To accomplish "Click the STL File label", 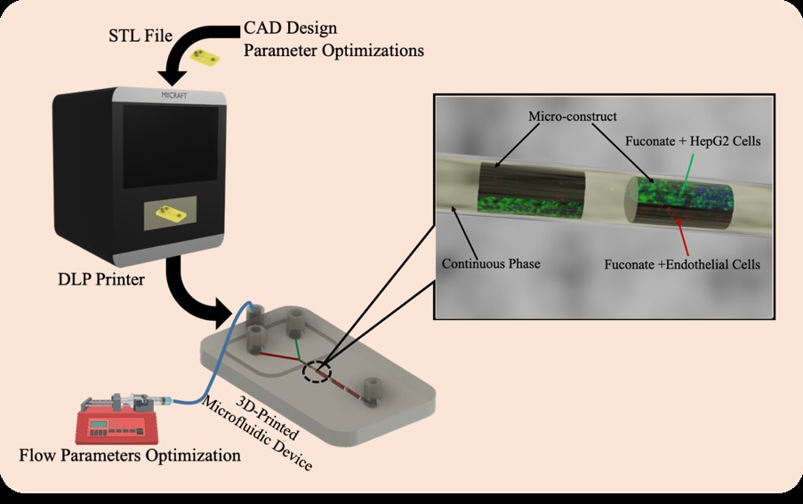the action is [141, 36].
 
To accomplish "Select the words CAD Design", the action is [291, 28].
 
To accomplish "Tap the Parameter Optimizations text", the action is [333, 52].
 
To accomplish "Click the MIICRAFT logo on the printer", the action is [174, 96].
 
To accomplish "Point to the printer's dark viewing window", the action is [171, 144].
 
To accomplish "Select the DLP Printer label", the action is [100, 279].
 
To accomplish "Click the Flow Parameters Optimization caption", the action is [130, 455].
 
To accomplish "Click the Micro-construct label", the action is [573, 116].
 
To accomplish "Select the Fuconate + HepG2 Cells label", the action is [693, 141].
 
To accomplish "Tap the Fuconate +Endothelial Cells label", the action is [682, 265].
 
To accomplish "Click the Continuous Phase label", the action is [491, 264].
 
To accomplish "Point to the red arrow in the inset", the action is [682, 236].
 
